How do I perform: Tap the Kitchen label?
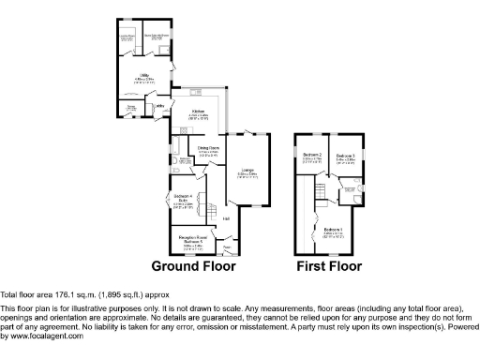(x=199, y=112)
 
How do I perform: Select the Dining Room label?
(x=208, y=147)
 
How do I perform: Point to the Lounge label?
(x=247, y=172)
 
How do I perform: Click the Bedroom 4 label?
(x=184, y=197)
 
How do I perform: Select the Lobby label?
(x=160, y=106)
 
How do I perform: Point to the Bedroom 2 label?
(x=312, y=155)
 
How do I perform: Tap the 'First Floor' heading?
(x=329, y=266)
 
